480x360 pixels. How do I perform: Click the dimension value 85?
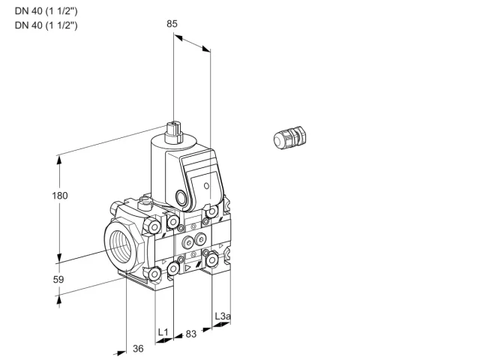[x=172, y=24]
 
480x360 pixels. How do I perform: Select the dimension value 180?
[x=60, y=196]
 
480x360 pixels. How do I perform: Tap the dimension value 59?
[x=58, y=280]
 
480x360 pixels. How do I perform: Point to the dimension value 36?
[x=138, y=349]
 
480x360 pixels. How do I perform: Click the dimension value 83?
[x=191, y=334]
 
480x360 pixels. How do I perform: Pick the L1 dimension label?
[x=163, y=332]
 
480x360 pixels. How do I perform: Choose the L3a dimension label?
[x=223, y=316]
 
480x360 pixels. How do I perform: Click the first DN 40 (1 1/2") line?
[x=46, y=11]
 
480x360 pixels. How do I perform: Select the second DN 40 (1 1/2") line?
[x=46, y=25]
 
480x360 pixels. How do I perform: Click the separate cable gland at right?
[x=289, y=138]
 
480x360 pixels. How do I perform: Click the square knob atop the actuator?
[x=173, y=133]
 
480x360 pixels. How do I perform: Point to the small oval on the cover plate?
[x=207, y=185]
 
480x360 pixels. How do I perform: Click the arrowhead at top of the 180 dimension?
[x=59, y=160]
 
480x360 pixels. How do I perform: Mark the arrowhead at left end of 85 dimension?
[x=178, y=37]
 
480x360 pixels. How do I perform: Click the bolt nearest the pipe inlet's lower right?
[x=154, y=273]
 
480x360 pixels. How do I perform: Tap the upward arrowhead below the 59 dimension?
[x=59, y=301]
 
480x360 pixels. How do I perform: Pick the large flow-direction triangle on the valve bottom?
[x=187, y=268]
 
